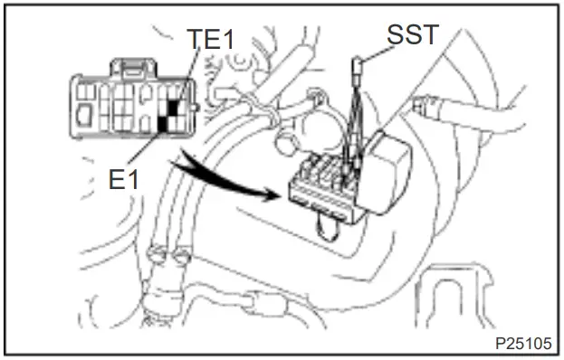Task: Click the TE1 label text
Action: (209, 40)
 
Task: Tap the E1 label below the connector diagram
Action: (123, 178)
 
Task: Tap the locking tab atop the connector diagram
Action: (131, 67)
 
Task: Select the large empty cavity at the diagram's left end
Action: (84, 115)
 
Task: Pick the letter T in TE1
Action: (195, 40)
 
